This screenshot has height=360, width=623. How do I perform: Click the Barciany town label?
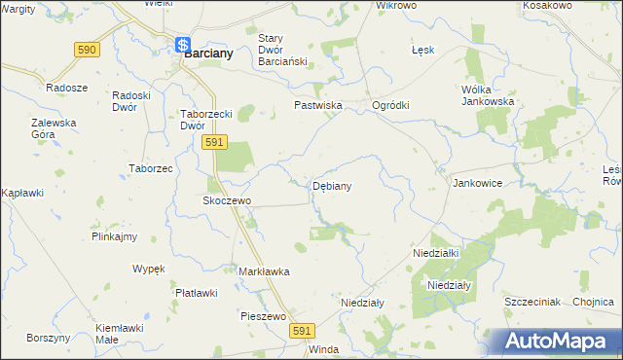pos(209,54)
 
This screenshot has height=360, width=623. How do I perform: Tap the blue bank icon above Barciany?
pos(182,44)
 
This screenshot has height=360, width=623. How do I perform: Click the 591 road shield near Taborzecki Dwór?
pos(215,143)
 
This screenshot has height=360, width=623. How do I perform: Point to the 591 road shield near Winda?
pos(301,332)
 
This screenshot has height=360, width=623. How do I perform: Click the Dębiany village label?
pos(332,185)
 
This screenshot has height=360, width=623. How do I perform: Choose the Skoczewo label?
pos(227,200)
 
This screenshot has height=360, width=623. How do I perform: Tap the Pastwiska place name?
pos(315,104)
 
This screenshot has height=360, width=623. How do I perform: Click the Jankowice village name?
pos(477,182)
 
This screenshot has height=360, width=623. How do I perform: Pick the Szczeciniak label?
pos(531,302)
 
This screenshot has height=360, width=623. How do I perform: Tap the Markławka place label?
pos(264,271)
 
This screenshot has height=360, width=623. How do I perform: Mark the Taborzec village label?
pos(151,168)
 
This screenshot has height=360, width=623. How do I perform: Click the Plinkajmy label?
pos(114,236)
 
